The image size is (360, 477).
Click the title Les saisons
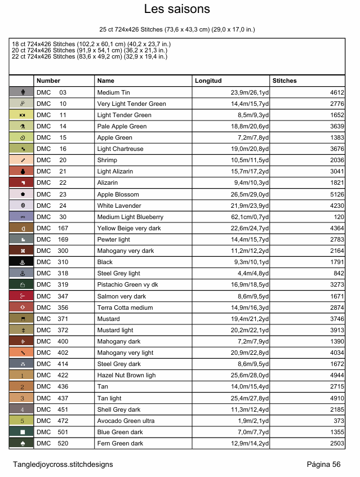point(177,9)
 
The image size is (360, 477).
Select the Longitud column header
point(208,81)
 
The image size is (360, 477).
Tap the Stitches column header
point(285,81)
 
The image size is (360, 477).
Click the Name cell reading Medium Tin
point(113,92)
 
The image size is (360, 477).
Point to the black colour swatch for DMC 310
point(21,262)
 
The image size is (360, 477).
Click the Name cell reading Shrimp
point(106,160)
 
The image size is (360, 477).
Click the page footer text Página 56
point(323,464)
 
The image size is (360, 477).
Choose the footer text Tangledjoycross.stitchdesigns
point(63,464)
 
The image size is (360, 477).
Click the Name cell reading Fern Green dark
point(120,443)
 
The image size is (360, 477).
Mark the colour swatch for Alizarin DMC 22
point(21,182)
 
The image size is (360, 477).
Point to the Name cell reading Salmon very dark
point(121,296)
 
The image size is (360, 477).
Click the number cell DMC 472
point(51,421)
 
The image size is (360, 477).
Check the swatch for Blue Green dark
point(21,432)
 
